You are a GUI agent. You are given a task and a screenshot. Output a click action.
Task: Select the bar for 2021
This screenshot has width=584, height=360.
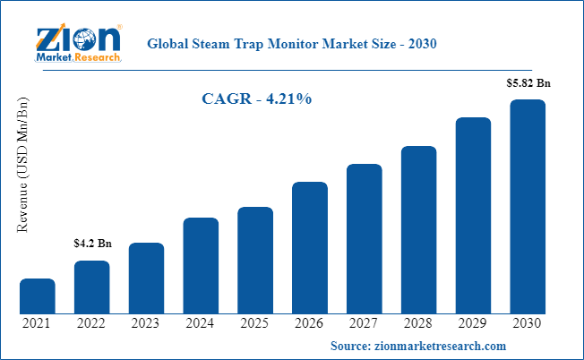38,296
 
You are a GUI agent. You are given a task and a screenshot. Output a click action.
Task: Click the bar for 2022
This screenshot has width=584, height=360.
91,287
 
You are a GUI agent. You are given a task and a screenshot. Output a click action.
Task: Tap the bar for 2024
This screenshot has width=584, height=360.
201,266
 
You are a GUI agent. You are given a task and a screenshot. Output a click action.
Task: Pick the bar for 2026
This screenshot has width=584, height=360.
310,248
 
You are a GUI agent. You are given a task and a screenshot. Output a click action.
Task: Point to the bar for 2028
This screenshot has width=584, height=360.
418,230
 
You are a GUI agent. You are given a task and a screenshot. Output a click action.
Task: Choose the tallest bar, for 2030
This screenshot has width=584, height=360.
528,207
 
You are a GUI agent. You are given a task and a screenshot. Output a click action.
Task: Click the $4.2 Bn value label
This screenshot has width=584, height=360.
92,244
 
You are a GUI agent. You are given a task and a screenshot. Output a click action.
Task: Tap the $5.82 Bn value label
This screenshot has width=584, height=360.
528,82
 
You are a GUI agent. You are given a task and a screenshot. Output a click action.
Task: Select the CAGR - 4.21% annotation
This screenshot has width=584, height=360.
256,99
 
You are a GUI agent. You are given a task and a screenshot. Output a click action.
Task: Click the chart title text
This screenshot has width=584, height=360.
290,43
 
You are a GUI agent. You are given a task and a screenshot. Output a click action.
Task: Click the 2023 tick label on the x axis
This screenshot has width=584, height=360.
146,323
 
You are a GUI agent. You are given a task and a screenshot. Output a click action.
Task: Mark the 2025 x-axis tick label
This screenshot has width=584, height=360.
255,323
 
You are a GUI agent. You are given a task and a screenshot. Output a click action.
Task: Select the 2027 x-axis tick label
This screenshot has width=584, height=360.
365,323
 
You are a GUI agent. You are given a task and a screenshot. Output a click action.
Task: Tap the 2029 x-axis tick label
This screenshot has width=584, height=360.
473,323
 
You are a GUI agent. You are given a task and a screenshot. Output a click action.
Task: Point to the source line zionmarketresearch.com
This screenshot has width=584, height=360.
418,346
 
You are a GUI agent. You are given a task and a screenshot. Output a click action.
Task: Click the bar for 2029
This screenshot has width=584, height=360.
473,216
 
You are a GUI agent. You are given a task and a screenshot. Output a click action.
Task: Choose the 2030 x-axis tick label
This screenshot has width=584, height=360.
528,323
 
